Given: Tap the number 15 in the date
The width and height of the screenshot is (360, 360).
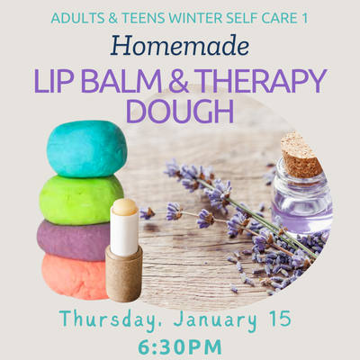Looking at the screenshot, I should tap(282, 320).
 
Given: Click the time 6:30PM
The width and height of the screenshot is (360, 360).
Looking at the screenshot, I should tap(180, 346).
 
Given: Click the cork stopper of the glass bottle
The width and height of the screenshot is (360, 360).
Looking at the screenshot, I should tap(301, 155).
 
